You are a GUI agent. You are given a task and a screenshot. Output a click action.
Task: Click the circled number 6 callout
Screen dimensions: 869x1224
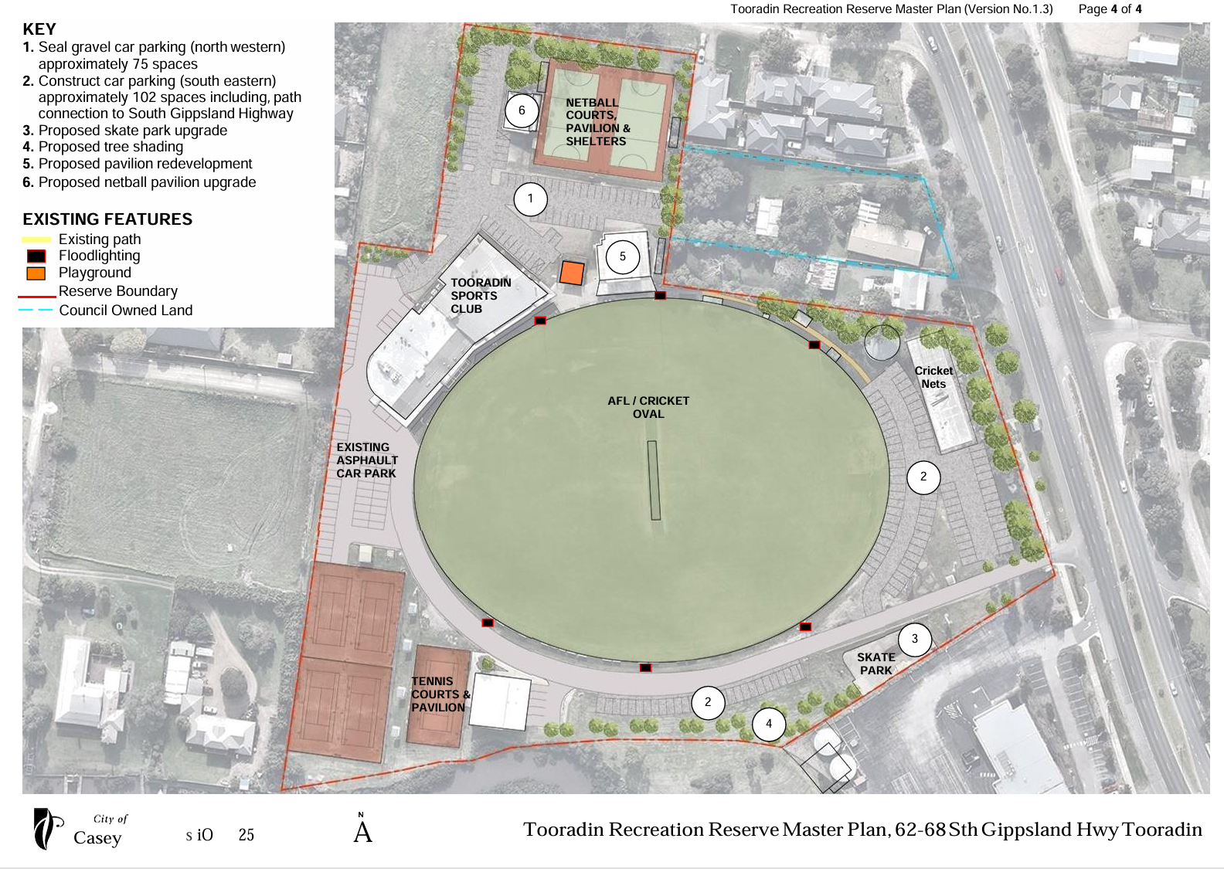[522, 110]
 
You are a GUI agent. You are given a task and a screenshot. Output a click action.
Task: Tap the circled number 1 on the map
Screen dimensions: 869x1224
[530, 199]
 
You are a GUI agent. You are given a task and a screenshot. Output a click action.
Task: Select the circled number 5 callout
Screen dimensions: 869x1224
[622, 256]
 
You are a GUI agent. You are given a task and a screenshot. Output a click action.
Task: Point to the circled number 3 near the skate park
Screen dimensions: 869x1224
[915, 639]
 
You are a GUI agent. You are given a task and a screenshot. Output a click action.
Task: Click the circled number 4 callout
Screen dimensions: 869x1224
[768, 724]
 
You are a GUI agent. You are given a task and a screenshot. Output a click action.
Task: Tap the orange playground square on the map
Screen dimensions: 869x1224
[572, 273]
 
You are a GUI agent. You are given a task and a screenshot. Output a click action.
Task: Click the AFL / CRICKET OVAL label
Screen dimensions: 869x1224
[648, 407]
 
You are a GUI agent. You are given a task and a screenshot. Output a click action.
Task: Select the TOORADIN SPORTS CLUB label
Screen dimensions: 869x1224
[481, 296]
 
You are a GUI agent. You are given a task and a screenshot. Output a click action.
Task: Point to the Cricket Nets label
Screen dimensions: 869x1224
[933, 377]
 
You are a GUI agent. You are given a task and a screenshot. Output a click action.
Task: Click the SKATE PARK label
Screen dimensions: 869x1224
[875, 664]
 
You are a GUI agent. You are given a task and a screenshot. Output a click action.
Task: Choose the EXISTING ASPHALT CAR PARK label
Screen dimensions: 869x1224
[366, 460]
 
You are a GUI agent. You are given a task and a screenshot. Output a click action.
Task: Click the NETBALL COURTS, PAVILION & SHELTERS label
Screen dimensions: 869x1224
[597, 122]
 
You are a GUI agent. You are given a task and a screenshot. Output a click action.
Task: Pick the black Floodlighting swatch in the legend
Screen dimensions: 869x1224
[36, 256]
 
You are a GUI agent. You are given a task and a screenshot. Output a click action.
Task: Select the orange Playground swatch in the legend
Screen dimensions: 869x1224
[36, 273]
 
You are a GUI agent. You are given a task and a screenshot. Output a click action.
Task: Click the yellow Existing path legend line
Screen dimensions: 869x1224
[36, 239]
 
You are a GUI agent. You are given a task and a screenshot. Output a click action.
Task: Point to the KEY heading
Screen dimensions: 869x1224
[39, 29]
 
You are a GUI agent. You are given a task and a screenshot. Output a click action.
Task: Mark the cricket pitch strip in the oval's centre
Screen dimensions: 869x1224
[654, 480]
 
